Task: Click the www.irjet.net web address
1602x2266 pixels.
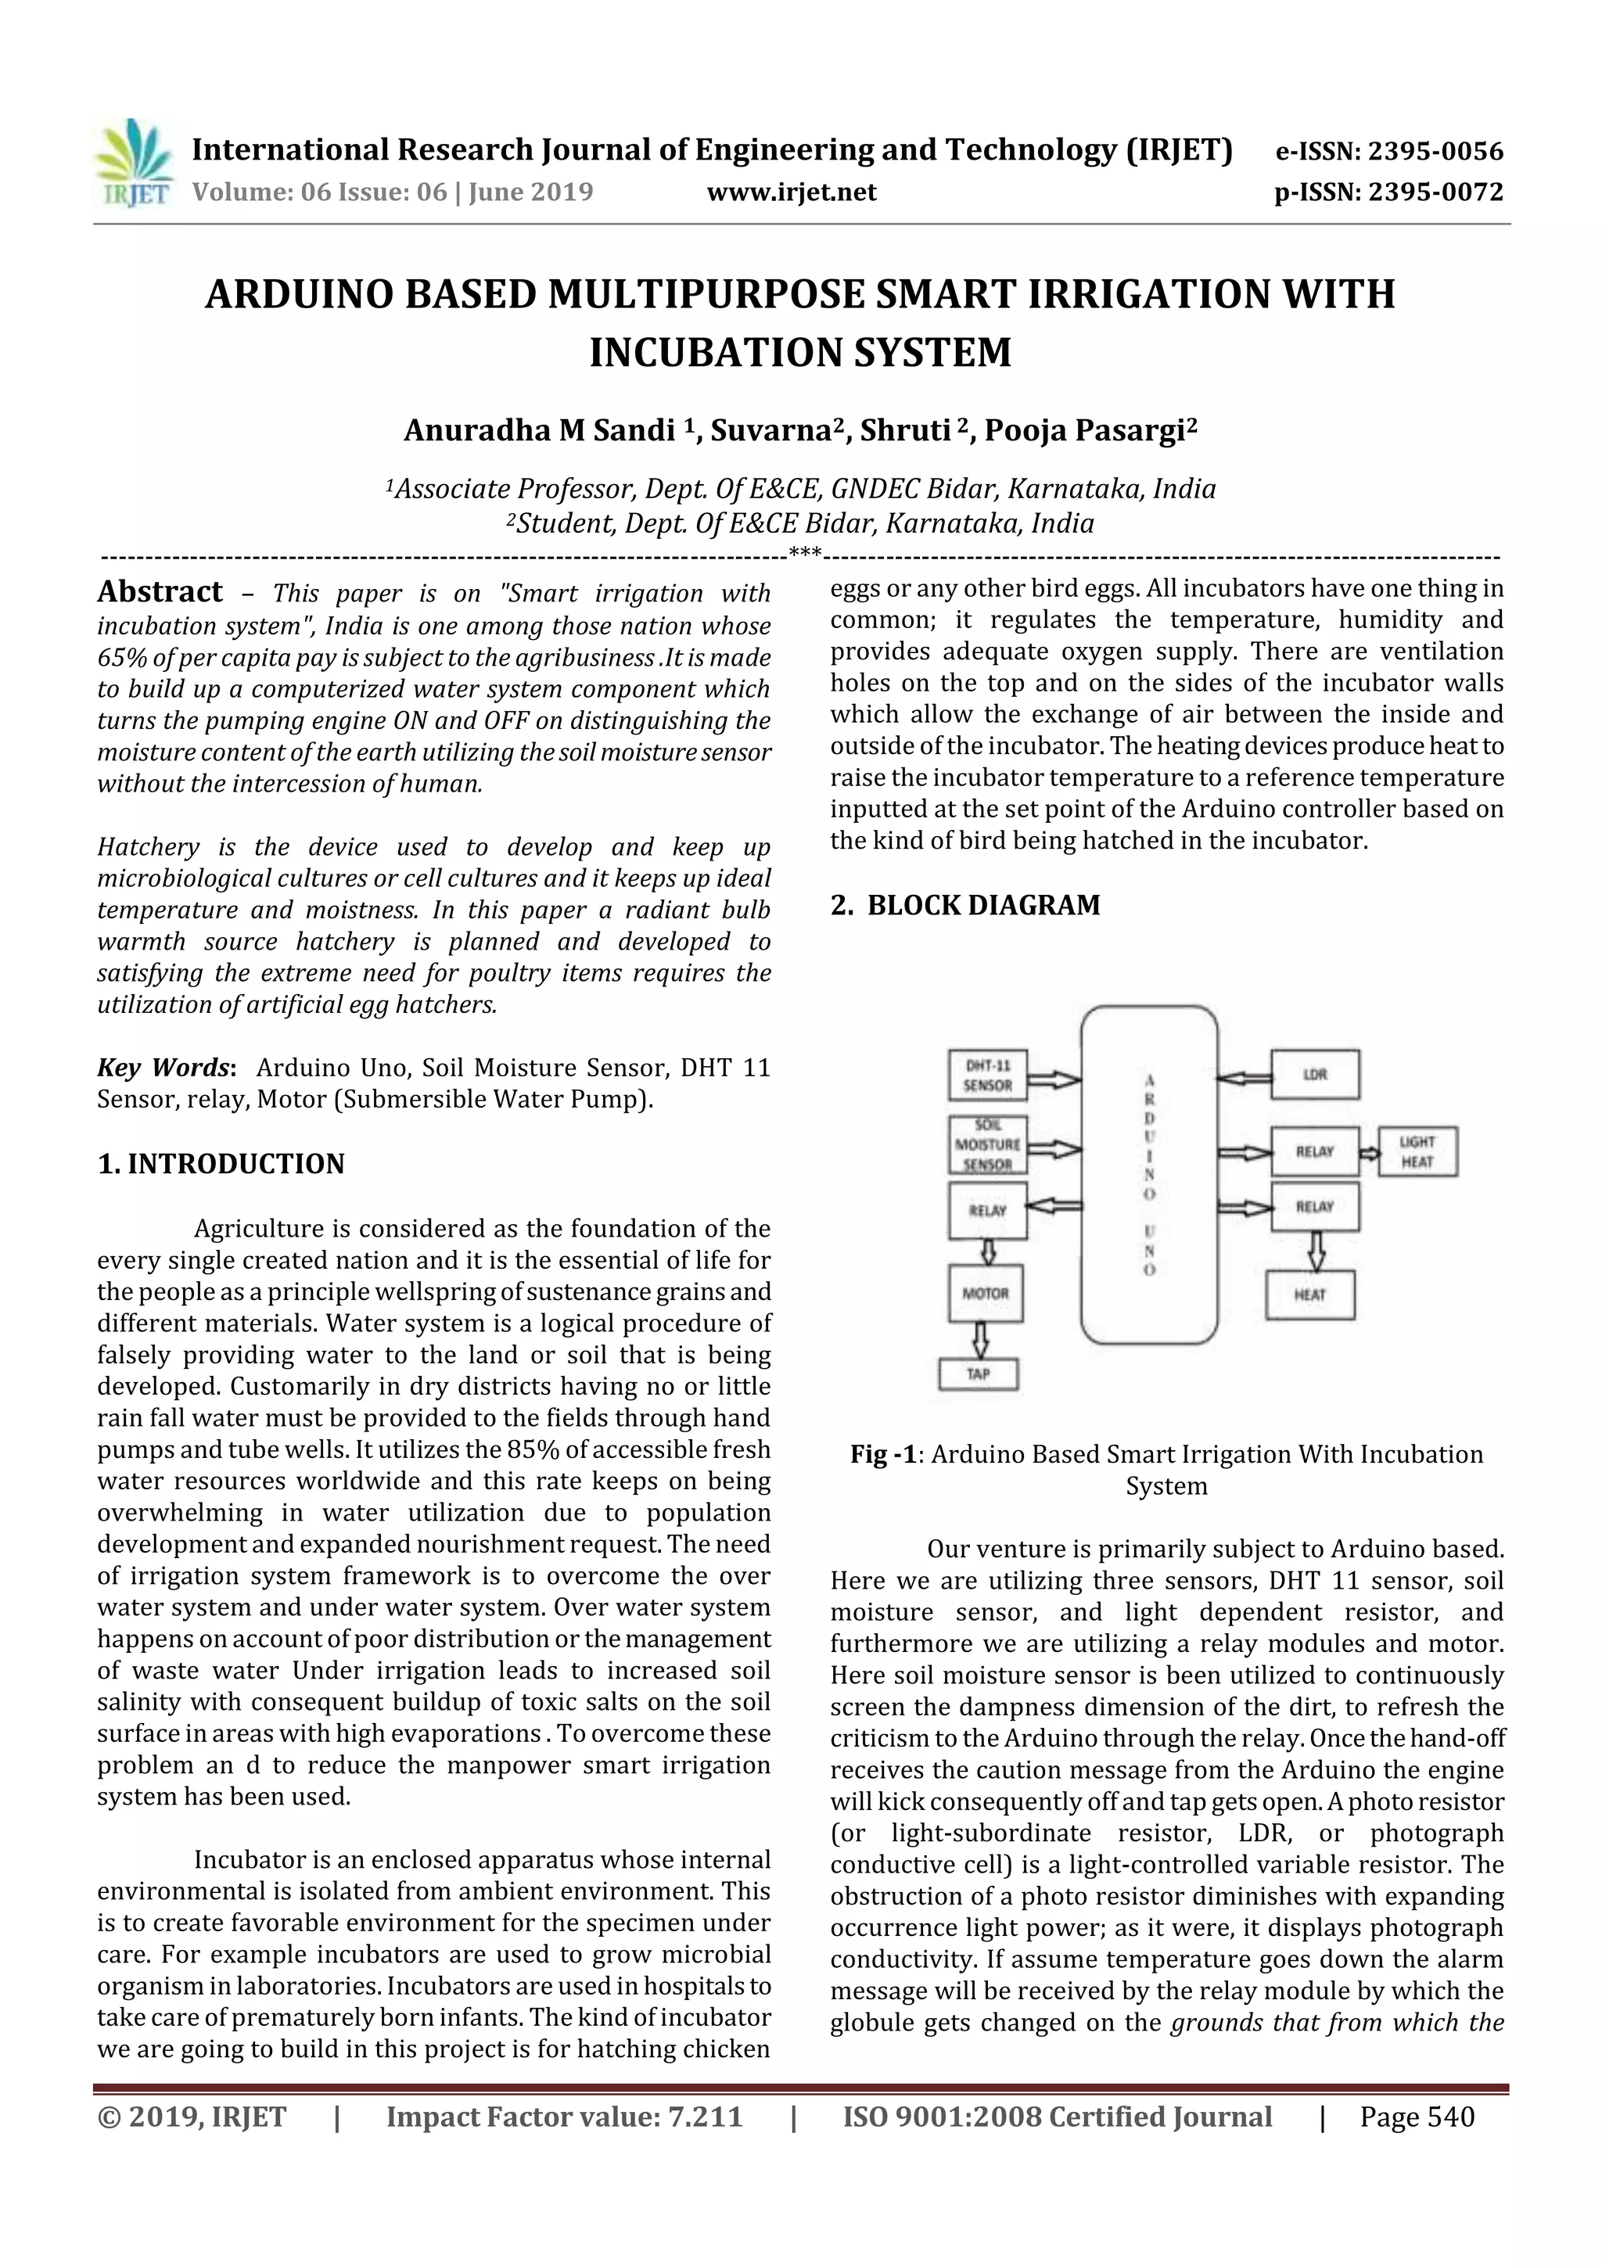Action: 792,192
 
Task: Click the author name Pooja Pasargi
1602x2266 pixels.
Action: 1090,431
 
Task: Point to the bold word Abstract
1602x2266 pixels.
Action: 160,591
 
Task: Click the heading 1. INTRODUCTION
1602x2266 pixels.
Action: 221,1164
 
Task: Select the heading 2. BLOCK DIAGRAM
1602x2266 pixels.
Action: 964,905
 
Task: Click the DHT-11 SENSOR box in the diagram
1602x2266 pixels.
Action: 987,1075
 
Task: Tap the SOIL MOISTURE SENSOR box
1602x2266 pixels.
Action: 987,1145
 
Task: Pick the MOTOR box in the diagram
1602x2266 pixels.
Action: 985,1293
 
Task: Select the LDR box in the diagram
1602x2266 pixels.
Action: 1315,1075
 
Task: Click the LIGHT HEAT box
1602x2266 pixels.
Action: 1417,1151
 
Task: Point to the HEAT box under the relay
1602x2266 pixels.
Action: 1309,1295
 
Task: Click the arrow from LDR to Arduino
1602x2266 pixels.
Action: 1244,1079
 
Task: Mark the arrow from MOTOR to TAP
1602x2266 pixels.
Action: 980,1339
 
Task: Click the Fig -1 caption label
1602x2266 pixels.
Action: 883,1455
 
